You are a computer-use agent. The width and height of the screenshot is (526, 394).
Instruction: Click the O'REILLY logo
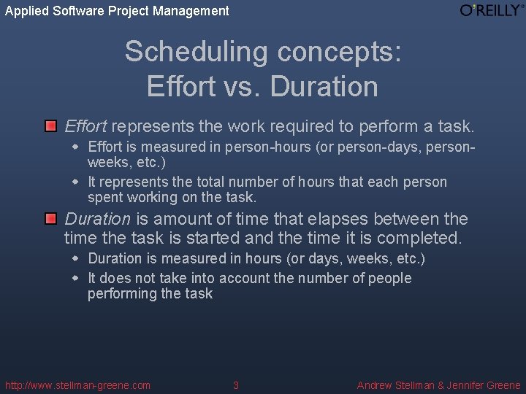tap(492, 10)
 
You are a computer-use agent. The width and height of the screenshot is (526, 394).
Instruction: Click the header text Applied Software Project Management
tap(117, 11)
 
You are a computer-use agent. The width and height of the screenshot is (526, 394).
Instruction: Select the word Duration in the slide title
tap(324, 86)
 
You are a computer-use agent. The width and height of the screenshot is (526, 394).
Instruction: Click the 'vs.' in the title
tap(244, 86)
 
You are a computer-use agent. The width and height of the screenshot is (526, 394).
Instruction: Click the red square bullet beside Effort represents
tap(50, 126)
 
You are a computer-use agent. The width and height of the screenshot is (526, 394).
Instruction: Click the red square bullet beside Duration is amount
tap(50, 218)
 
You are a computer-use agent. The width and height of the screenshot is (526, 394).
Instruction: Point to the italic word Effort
tap(85, 126)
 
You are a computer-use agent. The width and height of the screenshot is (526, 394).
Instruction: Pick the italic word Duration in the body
tap(97, 219)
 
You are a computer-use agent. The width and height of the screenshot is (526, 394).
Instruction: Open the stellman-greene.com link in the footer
tap(77, 385)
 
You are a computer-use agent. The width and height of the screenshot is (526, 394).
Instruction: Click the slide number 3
tap(235, 385)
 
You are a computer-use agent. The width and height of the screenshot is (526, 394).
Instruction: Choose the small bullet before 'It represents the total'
tap(75, 182)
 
